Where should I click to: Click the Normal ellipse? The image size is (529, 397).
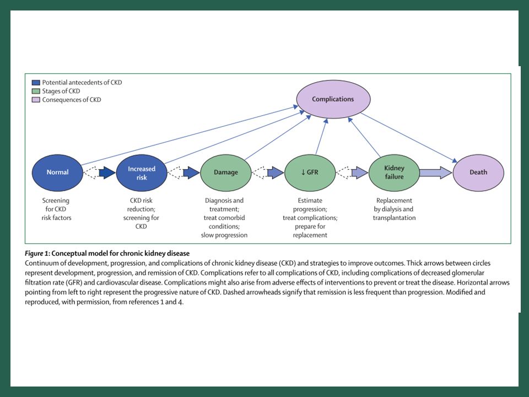tap(57, 173)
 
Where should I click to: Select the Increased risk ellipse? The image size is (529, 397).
tap(142, 173)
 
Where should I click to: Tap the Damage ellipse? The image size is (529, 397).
tap(226, 173)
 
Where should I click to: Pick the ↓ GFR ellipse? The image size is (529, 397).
tap(310, 173)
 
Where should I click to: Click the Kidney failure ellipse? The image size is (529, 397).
tap(394, 173)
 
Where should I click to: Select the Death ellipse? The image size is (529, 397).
tap(478, 173)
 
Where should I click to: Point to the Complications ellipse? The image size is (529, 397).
tap(333, 99)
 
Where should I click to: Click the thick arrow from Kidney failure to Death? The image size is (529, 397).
tap(436, 173)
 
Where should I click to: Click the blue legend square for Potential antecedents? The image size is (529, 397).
tap(36, 82)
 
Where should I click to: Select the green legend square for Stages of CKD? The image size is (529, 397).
tap(36, 91)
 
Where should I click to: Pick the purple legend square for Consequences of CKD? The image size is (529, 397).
tap(36, 100)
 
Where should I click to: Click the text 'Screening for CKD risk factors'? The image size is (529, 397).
tap(56, 209)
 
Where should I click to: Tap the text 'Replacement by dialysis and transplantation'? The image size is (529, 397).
tap(394, 209)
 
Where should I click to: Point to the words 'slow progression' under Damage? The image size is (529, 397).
tap(224, 235)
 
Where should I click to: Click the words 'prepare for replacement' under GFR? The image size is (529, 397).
tap(310, 230)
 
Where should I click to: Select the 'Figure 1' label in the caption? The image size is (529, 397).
tap(37, 254)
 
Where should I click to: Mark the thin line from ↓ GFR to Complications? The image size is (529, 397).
tap(321, 136)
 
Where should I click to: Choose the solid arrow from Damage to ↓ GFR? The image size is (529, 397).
tap(276, 173)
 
